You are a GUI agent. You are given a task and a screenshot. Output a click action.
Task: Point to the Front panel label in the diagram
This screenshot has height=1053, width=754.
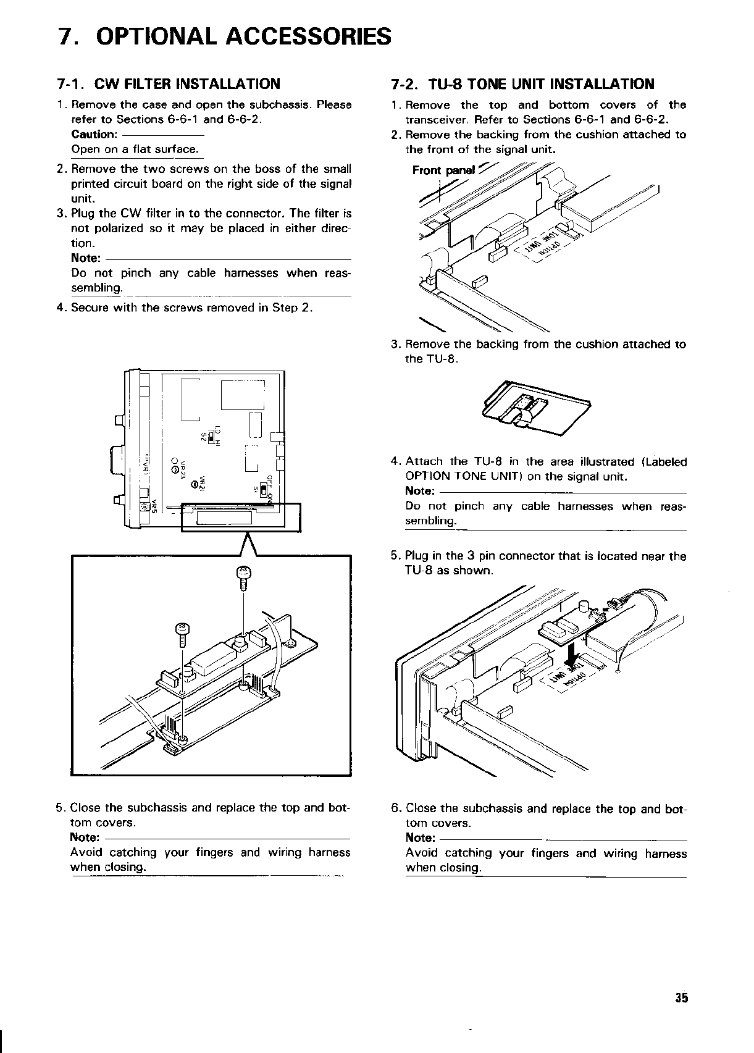click(x=443, y=170)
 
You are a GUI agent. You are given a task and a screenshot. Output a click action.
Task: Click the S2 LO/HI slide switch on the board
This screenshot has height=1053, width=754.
click(x=212, y=437)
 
